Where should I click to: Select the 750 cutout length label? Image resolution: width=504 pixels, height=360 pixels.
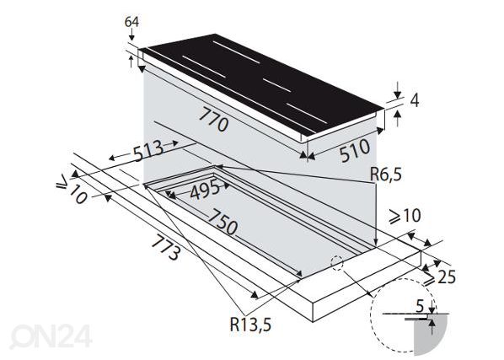point(223,223)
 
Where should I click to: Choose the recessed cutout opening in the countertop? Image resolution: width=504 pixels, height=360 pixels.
point(253,219)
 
